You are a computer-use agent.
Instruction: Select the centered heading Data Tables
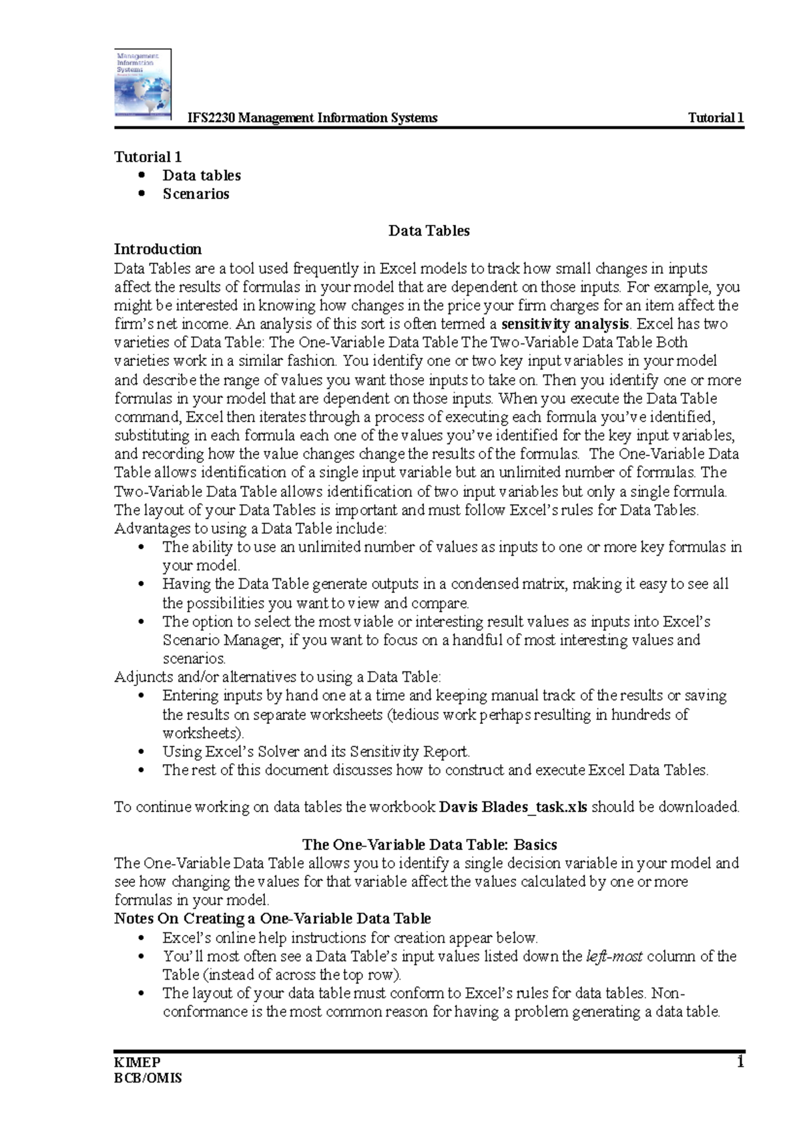429,231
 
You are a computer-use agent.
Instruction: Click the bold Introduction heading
158,249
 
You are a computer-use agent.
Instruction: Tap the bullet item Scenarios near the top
196,194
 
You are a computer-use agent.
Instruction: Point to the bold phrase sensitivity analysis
565,325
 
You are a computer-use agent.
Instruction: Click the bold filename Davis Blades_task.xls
513,807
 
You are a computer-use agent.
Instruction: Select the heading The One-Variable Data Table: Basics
429,844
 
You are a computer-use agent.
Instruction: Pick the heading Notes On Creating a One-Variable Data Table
272,918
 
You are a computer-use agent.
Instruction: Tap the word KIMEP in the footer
138,1063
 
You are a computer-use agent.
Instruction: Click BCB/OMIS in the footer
148,1078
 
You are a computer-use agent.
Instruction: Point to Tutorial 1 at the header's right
716,118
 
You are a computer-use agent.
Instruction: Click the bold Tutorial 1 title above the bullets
148,157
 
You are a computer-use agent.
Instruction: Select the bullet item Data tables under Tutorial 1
202,176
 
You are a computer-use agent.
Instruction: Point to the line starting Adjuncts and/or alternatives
278,677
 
